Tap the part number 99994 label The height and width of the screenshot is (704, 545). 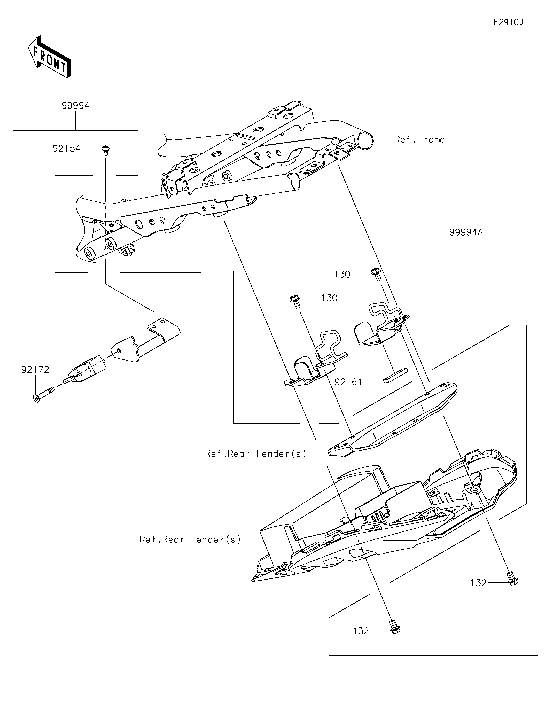click(75, 106)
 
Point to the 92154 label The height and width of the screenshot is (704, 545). click(66, 149)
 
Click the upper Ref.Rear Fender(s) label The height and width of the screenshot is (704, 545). click(256, 454)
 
